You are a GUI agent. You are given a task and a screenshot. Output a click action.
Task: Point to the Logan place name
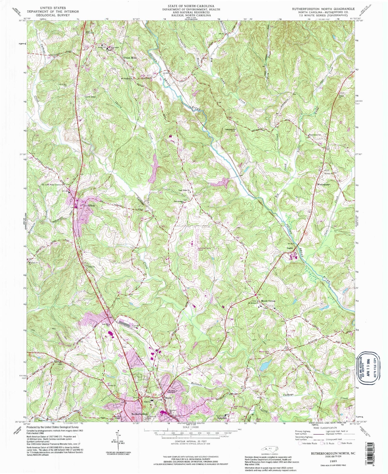pyautogui.click(x=289, y=248)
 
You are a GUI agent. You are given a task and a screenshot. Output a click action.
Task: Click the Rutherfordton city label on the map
pyautogui.click(x=140, y=414)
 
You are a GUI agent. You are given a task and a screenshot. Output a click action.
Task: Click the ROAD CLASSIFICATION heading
pyautogui.click(x=322, y=428)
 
